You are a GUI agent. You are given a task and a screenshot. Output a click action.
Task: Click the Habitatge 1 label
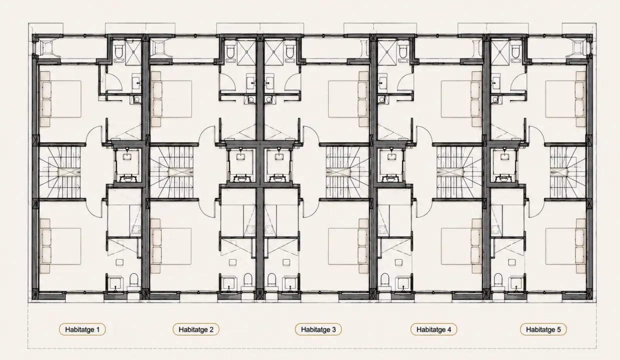point(82,329)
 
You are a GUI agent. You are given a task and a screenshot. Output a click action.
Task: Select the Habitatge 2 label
point(196,329)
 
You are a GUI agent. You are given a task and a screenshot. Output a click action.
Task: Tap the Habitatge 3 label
point(318,329)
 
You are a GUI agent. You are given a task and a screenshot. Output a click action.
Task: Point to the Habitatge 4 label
point(433,329)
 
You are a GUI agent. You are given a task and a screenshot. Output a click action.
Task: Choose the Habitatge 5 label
point(543,329)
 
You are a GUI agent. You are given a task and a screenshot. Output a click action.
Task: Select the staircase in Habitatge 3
point(347,172)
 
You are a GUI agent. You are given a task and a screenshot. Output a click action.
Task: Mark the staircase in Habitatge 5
point(567,172)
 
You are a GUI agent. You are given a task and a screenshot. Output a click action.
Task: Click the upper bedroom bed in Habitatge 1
point(60,99)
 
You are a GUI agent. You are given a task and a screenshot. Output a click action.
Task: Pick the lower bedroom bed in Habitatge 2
point(171,246)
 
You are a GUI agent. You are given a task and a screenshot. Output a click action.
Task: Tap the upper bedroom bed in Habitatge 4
point(461,99)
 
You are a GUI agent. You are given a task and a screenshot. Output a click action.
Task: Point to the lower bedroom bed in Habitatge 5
point(566,246)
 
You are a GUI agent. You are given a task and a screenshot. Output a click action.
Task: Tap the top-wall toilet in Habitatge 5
point(515,51)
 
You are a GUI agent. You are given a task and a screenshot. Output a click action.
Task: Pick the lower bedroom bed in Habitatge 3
point(348,246)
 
